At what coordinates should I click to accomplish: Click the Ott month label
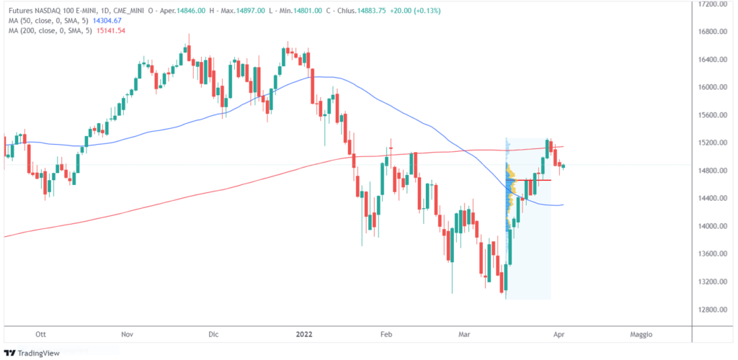[x=40, y=335]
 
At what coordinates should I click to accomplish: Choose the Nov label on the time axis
[x=128, y=335]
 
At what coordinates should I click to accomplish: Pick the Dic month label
[x=213, y=335]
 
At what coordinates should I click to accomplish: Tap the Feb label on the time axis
[x=386, y=335]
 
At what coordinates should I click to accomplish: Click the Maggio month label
[x=641, y=335]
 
